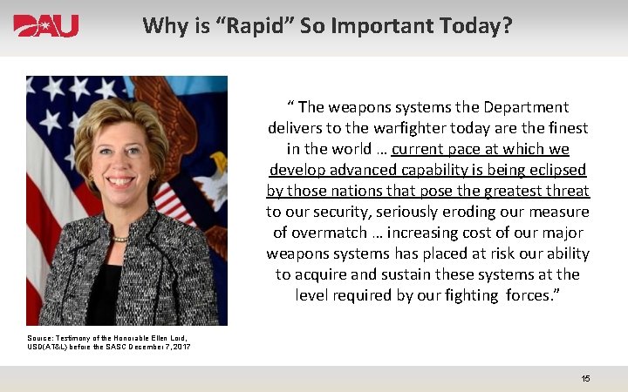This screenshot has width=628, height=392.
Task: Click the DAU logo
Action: click(46, 26)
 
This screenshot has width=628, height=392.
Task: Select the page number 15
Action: click(585, 378)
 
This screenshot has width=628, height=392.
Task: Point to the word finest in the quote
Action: click(562, 128)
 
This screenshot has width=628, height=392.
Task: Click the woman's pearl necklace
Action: click(119, 238)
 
